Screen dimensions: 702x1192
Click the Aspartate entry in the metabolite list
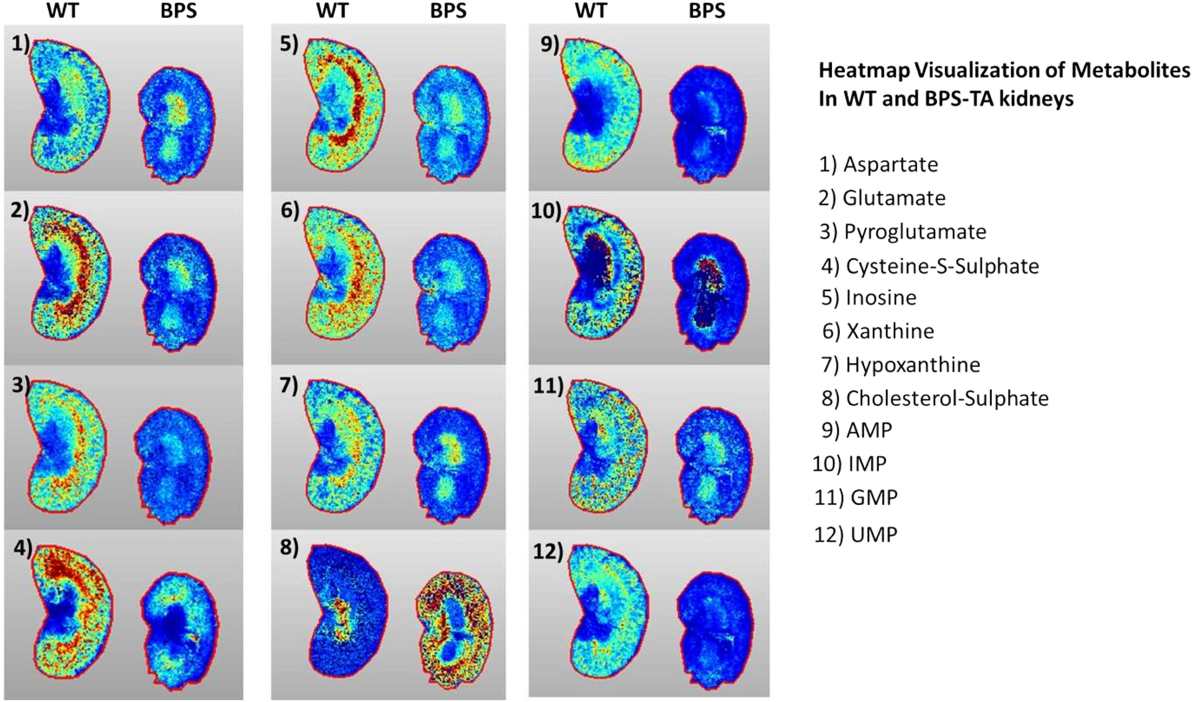click(878, 165)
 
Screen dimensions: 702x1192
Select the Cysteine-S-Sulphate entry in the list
click(930, 266)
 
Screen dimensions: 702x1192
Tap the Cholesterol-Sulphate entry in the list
click(935, 398)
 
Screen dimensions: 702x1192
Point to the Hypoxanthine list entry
click(900, 365)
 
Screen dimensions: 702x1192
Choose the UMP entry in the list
click(855, 535)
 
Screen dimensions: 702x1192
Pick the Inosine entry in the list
click(869, 298)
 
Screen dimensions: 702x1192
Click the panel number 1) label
click(20, 43)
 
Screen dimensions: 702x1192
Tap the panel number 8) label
click(289, 548)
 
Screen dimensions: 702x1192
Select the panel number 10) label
click(546, 210)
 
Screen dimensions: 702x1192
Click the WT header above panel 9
click(590, 11)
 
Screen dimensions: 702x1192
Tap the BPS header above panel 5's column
click(448, 11)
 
